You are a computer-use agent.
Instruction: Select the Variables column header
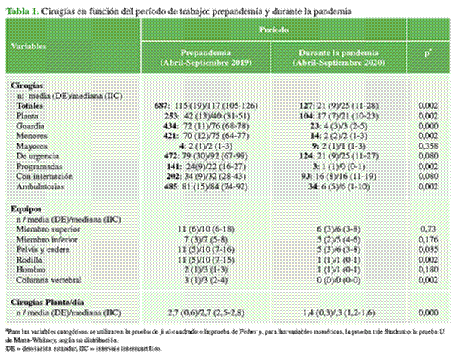30,46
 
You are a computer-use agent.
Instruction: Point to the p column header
428,56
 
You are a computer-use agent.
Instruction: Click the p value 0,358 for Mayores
428,144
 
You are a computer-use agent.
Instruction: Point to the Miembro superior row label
47,226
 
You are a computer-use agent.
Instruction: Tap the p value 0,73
428,226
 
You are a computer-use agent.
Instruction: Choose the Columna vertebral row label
49,278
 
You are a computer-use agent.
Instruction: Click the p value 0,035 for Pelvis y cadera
428,247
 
